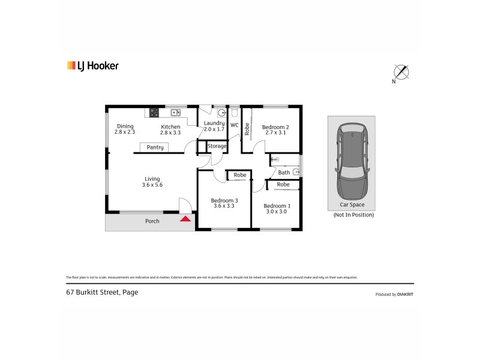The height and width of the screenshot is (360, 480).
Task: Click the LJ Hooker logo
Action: pos(92,65)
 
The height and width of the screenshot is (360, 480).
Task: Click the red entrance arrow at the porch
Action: pos(186,218)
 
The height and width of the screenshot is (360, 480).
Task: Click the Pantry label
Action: pos(155,147)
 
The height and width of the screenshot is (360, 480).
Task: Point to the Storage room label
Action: pos(217,146)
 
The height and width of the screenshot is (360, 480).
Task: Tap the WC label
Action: pos(235,125)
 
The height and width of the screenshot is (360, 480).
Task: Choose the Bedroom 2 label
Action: pos(275,127)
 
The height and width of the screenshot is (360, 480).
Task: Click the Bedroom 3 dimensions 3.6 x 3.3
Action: pos(224,206)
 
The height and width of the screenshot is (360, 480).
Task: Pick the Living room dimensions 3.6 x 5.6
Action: pos(152,185)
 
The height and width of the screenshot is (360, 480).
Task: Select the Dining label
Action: pos(125,126)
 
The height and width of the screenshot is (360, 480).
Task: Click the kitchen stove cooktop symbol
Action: pos(154,112)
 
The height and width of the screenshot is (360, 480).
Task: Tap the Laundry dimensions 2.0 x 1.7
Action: pos(214,129)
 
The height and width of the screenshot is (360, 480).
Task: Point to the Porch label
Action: pos(152,221)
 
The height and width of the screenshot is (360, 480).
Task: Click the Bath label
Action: pos(284,173)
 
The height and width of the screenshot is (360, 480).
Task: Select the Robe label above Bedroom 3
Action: pos(240,175)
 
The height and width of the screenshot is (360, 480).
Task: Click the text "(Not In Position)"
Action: pos(353,214)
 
